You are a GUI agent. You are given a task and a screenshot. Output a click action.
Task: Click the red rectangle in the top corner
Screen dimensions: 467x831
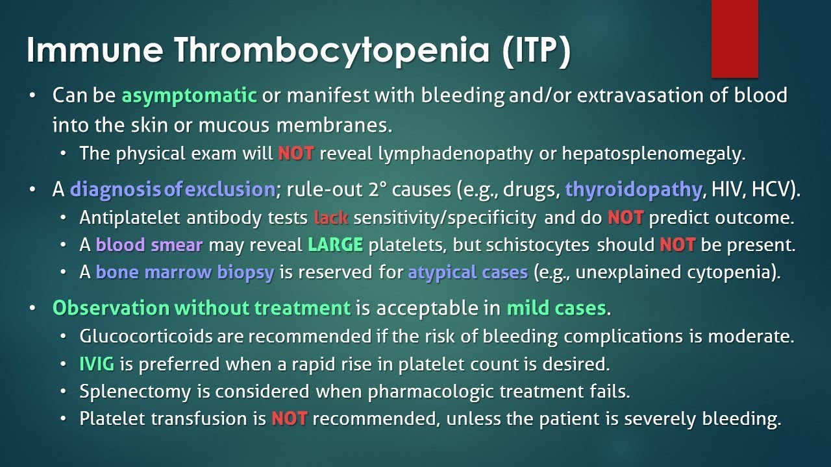(734, 39)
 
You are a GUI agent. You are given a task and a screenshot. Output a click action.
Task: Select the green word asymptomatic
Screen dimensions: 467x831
(190, 96)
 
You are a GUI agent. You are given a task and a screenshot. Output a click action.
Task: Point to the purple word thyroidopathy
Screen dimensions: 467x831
(633, 190)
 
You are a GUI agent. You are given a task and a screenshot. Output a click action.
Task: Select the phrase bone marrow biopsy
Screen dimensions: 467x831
(184, 272)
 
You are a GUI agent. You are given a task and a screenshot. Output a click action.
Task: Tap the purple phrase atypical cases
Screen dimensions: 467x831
(467, 272)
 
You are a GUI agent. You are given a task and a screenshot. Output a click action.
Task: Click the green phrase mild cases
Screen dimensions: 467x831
(556, 308)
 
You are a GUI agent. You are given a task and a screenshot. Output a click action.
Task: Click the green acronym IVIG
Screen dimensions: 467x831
(97, 364)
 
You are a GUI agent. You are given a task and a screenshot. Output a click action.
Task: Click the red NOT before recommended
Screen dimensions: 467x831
(289, 419)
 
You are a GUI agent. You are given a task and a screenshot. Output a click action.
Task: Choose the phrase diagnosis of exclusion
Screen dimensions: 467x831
(172, 190)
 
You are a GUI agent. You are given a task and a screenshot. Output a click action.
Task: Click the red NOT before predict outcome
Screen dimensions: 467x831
(625, 218)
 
